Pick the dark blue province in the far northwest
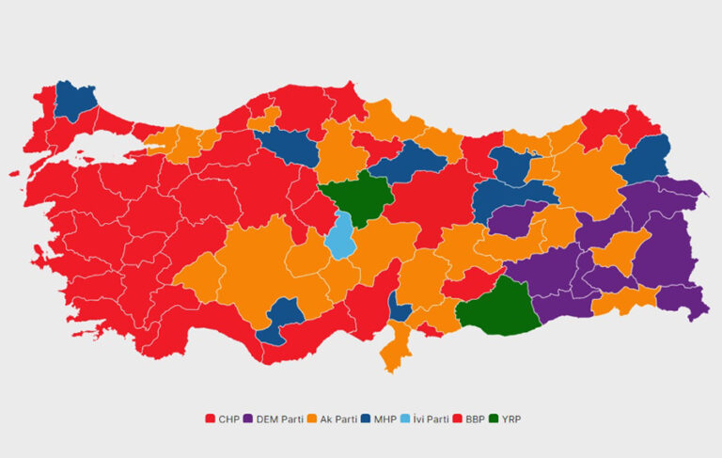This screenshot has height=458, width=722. (x=75, y=100)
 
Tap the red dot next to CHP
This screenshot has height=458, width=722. (x=211, y=418)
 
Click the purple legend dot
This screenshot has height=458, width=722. (x=249, y=418)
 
